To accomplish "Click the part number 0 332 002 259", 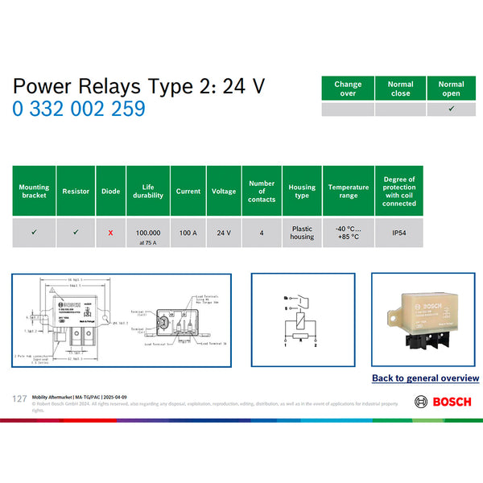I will (x=79, y=109).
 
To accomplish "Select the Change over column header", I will (x=348, y=89).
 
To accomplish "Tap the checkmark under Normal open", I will (x=452, y=109).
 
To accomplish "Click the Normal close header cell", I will (x=400, y=89).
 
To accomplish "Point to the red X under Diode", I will (x=110, y=233).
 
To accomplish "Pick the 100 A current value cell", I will (x=188, y=233).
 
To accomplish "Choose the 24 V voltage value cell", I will (x=224, y=233).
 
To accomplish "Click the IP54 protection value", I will (x=399, y=233).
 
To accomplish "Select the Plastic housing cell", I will (x=302, y=233).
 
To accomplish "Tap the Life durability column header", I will (x=148, y=191).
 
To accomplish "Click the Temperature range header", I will (x=349, y=191).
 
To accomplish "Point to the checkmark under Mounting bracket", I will (x=34, y=233).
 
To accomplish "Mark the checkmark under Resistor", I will (x=76, y=233).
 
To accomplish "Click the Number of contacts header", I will (x=262, y=191).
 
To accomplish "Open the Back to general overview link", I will (x=425, y=378).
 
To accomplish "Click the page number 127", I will (x=20, y=398).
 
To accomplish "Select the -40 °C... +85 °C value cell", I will (x=349, y=233).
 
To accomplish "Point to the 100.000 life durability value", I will (x=148, y=231).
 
